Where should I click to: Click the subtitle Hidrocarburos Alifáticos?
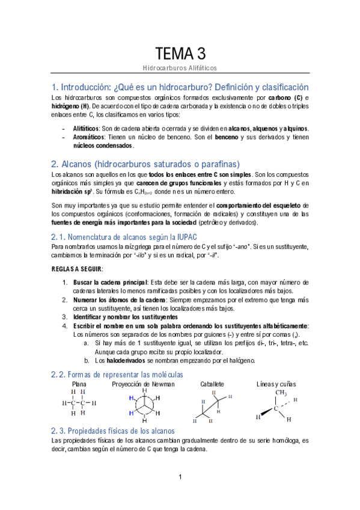point(180,69)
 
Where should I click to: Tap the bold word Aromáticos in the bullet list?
point(87,137)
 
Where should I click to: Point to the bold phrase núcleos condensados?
point(103,146)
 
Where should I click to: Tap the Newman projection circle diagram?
point(144,404)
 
